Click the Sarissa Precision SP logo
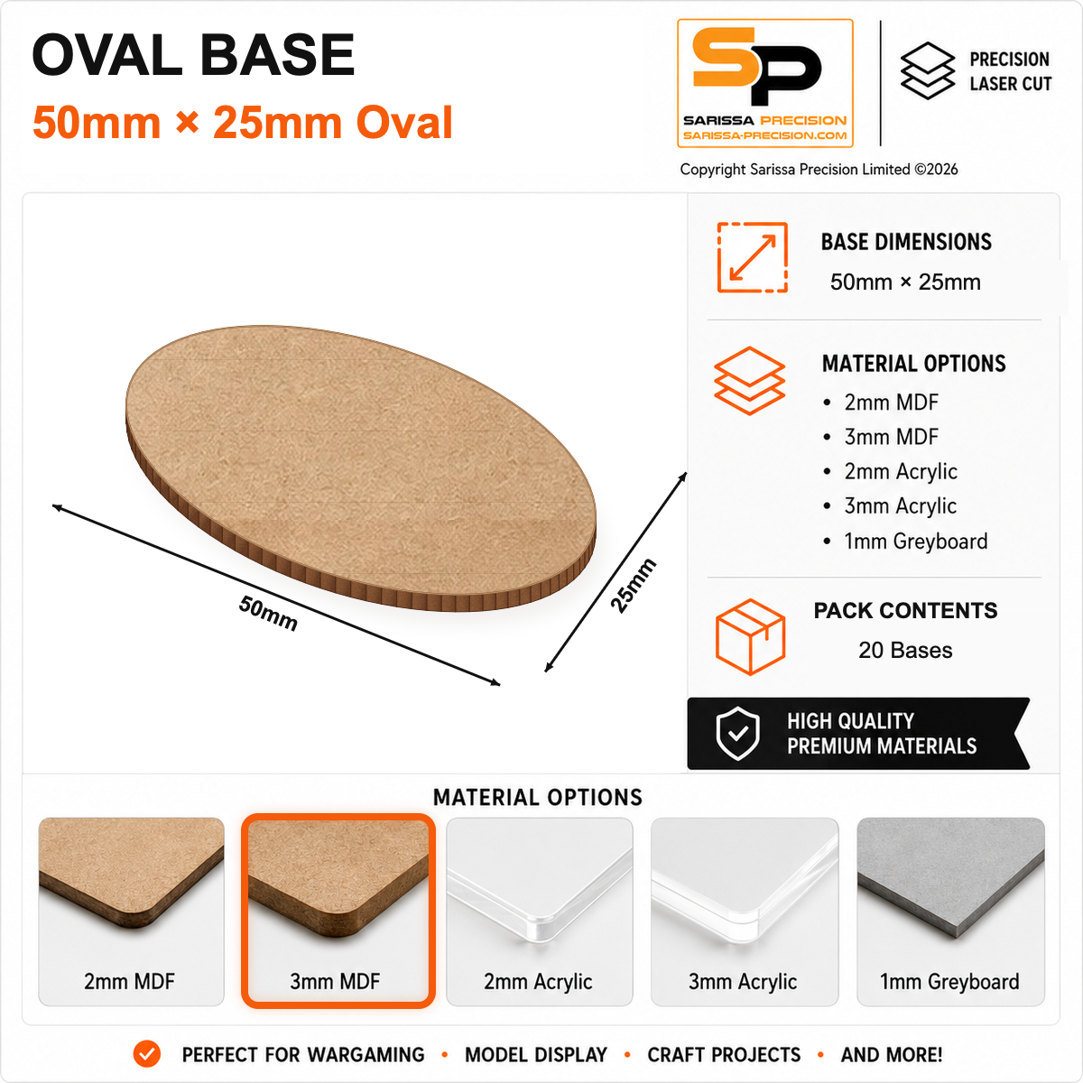coord(765,83)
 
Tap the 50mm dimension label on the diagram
coord(268,613)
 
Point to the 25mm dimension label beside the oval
coord(634,586)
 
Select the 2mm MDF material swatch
coord(131,911)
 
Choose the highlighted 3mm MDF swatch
coord(338,911)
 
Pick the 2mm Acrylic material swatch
coord(540,911)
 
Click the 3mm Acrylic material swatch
coord(744,911)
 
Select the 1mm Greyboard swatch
coord(950,911)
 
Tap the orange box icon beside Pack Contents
coord(750,636)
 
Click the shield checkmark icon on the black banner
coord(738,734)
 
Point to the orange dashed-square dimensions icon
coord(753,257)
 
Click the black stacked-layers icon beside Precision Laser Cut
coord(928,70)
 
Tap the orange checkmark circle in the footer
coord(147,1054)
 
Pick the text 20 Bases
coord(905,650)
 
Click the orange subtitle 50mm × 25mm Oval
coord(243,122)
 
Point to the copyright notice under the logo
coord(819,169)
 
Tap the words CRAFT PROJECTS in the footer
coord(724,1054)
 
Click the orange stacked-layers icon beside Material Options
coord(750,381)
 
